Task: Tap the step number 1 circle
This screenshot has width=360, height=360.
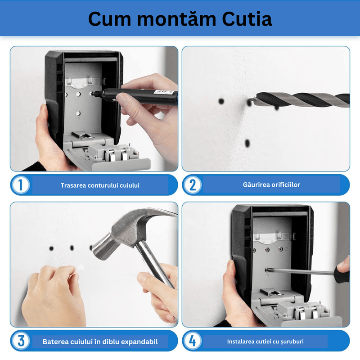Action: [21, 185]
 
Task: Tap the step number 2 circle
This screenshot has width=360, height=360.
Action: [193, 185]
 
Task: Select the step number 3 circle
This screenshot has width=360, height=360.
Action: [21, 341]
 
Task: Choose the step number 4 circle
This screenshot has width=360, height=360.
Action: [193, 341]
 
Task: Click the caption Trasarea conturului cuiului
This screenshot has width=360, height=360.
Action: [100, 185]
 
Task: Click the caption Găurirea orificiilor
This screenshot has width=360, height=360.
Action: [271, 184]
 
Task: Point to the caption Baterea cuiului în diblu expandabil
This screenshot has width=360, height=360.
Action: [100, 342]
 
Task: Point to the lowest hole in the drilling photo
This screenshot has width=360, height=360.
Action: [247, 143]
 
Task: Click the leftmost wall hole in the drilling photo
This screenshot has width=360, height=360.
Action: [221, 102]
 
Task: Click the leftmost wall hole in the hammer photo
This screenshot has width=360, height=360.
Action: [52, 248]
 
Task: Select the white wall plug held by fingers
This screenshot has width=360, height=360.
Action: [80, 268]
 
